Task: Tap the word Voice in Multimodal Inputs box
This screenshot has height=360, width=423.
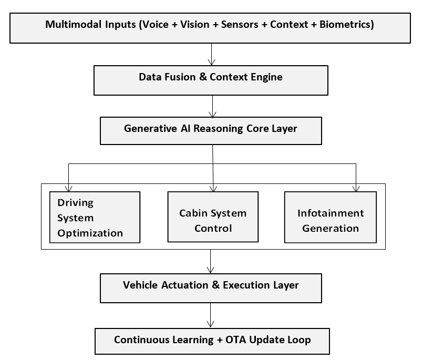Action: [x=156, y=24]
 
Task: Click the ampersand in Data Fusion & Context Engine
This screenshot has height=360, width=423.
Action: [x=203, y=77]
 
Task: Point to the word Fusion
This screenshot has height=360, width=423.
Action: [x=180, y=77]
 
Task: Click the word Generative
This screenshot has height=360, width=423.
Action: [x=150, y=128]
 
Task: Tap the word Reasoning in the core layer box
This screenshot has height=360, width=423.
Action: [x=218, y=128]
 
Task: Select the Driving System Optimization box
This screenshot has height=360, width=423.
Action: [x=95, y=217]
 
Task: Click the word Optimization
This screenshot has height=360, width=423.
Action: [x=90, y=233]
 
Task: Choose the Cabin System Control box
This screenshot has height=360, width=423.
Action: [x=213, y=217]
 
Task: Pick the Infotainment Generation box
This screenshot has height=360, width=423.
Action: [x=330, y=217]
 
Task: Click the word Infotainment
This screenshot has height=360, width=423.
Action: [x=331, y=213]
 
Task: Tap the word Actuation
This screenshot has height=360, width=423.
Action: [x=185, y=285]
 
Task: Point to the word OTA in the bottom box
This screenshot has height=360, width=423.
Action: [x=235, y=340]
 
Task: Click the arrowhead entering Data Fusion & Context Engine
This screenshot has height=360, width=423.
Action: [x=211, y=63]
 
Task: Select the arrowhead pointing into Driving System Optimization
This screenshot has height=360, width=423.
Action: [x=69, y=188]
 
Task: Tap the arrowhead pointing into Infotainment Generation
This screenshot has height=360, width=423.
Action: [x=356, y=188]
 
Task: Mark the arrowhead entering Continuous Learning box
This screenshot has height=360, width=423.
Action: [x=210, y=324]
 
